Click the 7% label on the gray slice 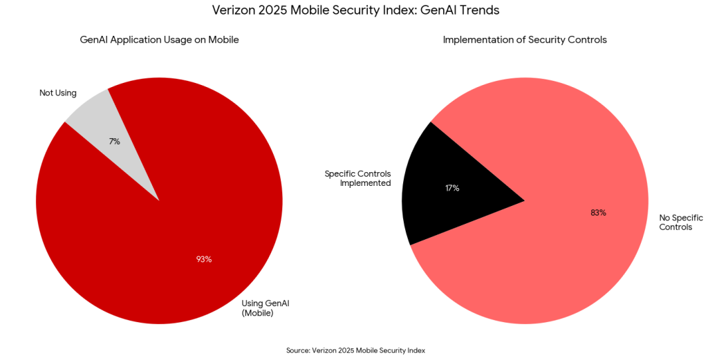click(x=115, y=141)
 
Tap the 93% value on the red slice click(x=204, y=259)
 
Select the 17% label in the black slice click(x=452, y=188)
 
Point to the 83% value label click(x=598, y=213)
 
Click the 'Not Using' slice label click(x=58, y=93)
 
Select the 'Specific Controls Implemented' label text click(x=357, y=178)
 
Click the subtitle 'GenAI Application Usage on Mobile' click(x=159, y=40)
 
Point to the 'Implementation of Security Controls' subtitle click(x=525, y=40)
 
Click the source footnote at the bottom click(x=355, y=350)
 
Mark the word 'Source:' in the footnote click(x=298, y=350)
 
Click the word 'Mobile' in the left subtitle click(x=223, y=40)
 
